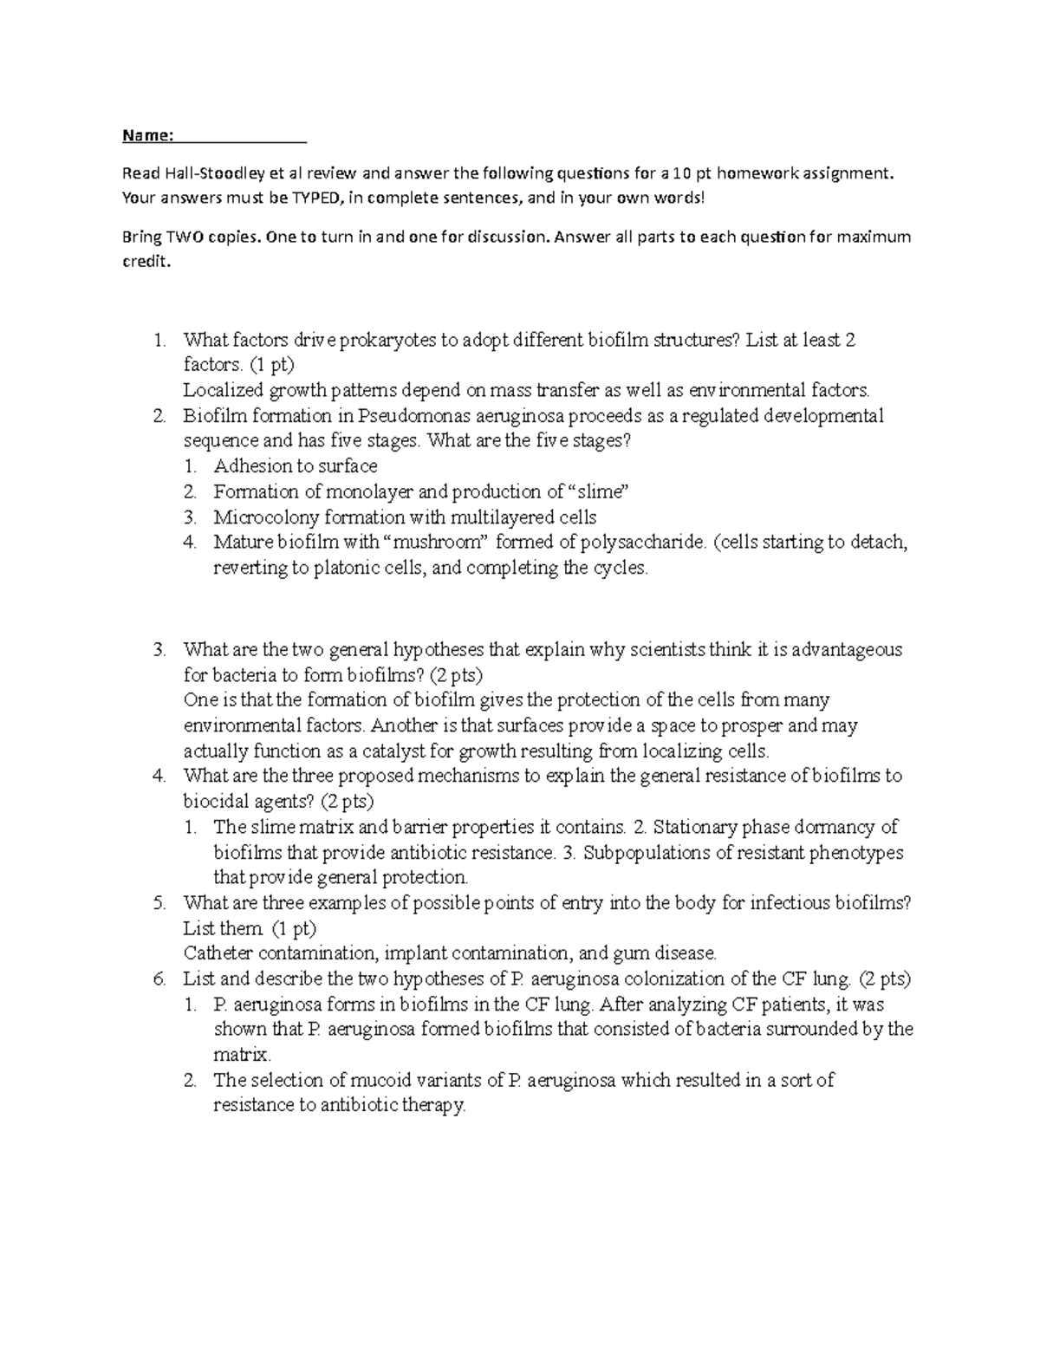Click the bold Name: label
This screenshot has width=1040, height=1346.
(x=147, y=135)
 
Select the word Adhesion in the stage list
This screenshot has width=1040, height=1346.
(x=250, y=466)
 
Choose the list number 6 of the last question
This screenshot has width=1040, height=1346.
(x=159, y=979)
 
